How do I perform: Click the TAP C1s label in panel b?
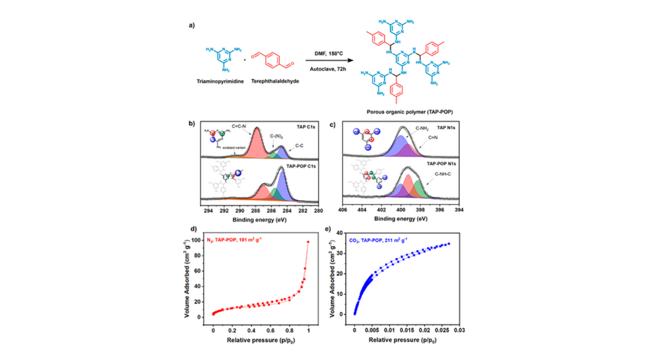[x=303, y=127]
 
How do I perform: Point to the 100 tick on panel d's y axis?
[x=203, y=240]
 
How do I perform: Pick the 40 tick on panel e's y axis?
[x=345, y=233]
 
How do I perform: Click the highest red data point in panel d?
[x=308, y=242]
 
